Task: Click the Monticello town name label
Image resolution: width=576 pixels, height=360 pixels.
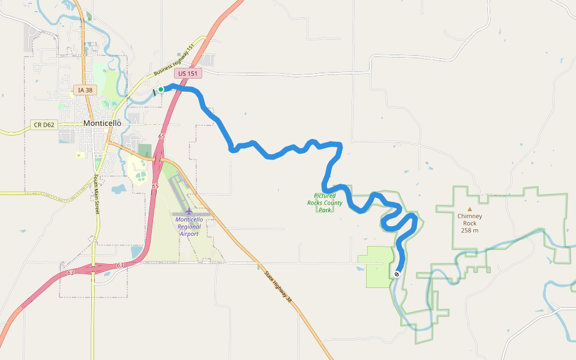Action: pyautogui.click(x=102, y=123)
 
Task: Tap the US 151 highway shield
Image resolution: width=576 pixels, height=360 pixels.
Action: pyautogui.click(x=188, y=73)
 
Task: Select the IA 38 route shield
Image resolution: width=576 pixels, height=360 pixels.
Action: pyautogui.click(x=85, y=90)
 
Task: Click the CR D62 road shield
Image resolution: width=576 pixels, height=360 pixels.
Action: pyautogui.click(x=44, y=125)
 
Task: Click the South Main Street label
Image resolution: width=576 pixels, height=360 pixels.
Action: pyautogui.click(x=96, y=194)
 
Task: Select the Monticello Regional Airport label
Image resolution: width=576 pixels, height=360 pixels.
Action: pyautogui.click(x=189, y=226)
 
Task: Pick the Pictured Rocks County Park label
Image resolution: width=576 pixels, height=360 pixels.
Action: pyautogui.click(x=325, y=203)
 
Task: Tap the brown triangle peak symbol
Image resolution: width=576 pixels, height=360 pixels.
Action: pyautogui.click(x=470, y=209)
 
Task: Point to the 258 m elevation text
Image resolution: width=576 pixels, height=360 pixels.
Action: pyautogui.click(x=470, y=230)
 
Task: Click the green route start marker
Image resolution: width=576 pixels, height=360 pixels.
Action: pyautogui.click(x=161, y=89)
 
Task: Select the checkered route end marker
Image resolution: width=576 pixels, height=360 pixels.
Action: pyautogui.click(x=397, y=274)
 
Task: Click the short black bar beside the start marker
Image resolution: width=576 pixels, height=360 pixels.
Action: pyautogui.click(x=154, y=92)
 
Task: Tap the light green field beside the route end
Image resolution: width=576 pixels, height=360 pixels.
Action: pyautogui.click(x=376, y=266)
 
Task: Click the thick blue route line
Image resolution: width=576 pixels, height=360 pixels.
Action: pyautogui.click(x=270, y=155)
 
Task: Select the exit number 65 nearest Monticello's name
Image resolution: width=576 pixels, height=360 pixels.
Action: pyautogui.click(x=161, y=137)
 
